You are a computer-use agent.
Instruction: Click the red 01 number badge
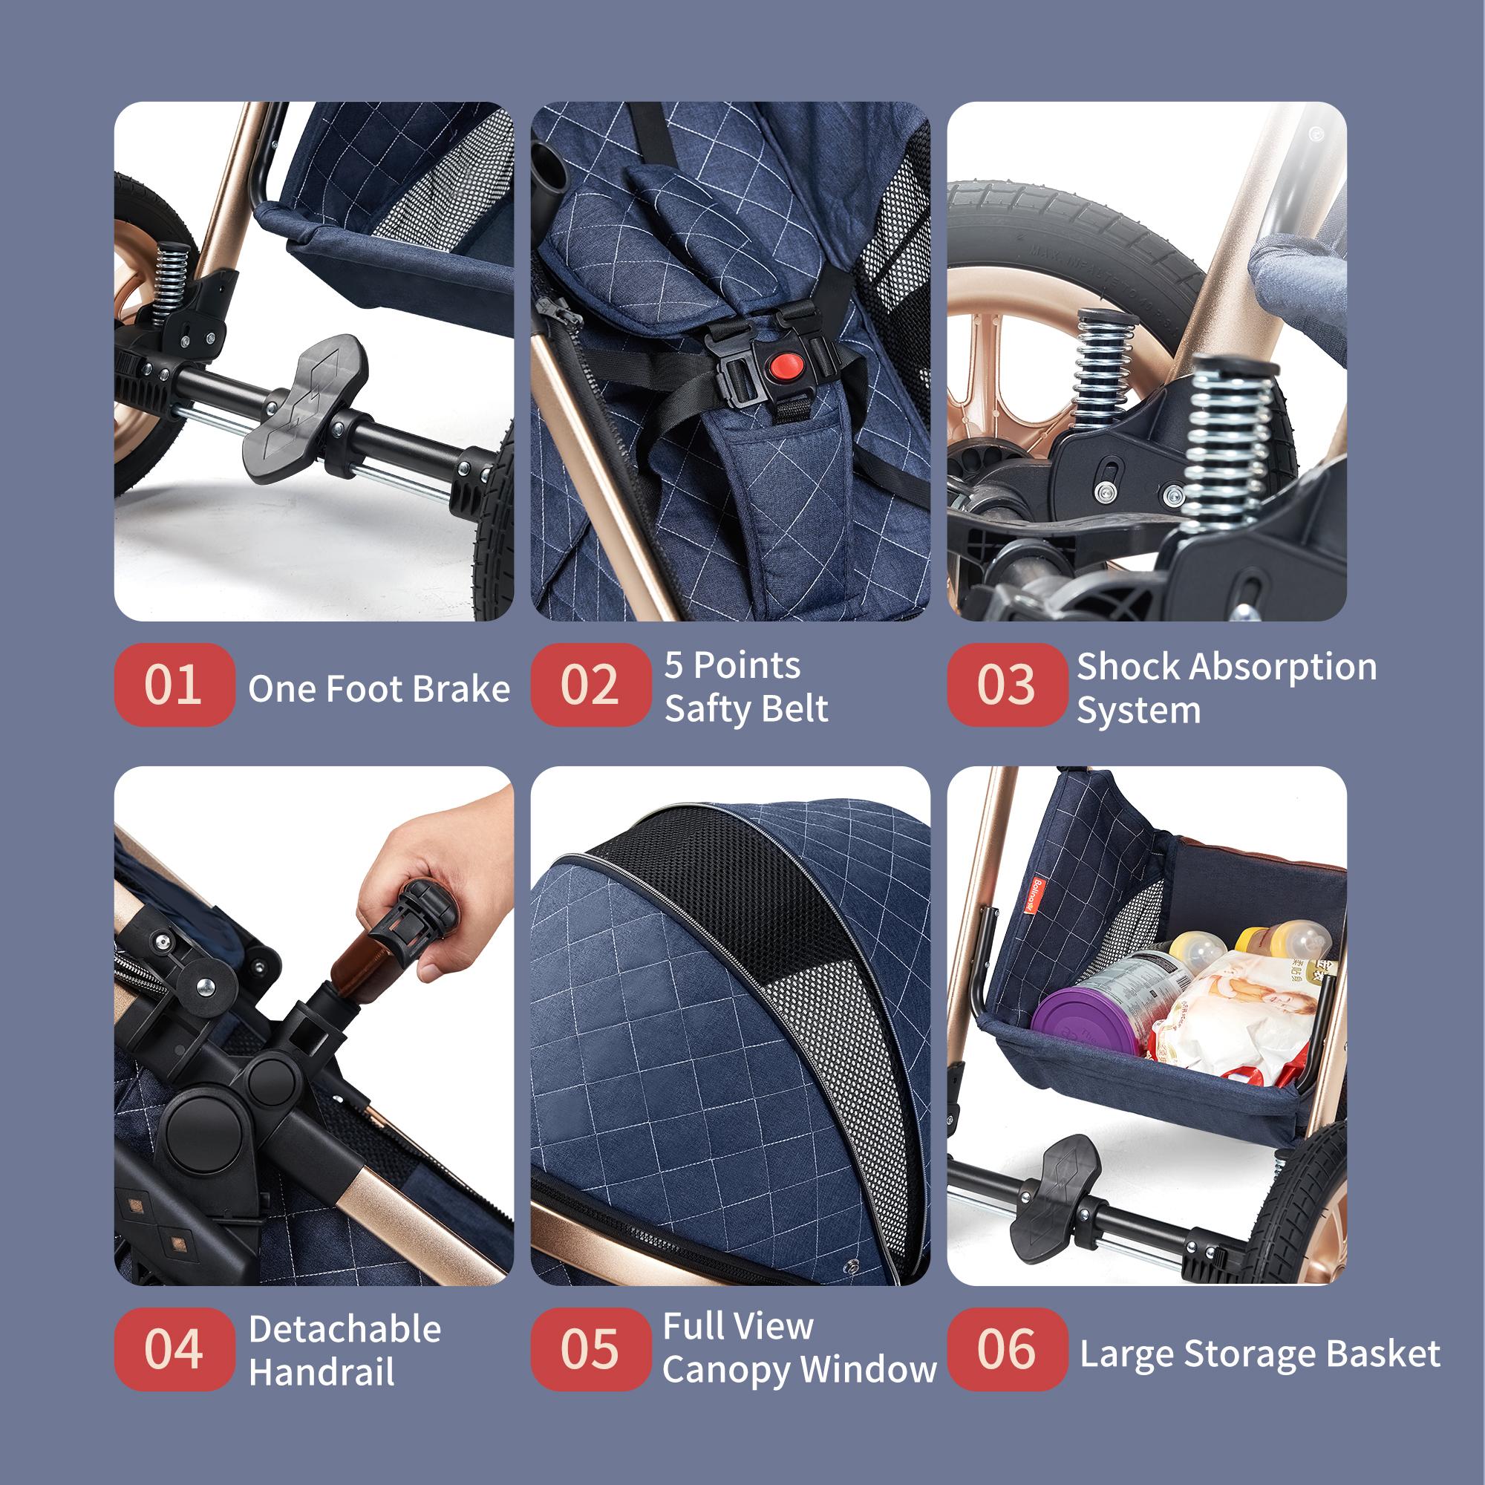[x=174, y=685]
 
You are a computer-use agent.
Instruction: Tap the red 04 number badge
[x=174, y=1349]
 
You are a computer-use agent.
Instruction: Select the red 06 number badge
[x=1007, y=1349]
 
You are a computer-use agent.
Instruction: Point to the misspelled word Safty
[x=711, y=708]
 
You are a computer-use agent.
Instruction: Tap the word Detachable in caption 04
[x=345, y=1329]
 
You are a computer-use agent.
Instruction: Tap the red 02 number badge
[x=590, y=685]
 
